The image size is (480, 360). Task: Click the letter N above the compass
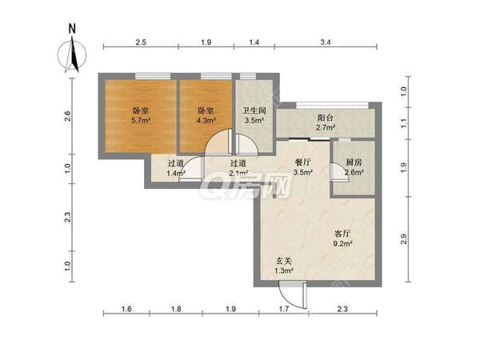tap(72, 29)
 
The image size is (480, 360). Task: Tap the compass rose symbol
tap(72, 55)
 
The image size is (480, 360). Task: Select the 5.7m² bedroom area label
tap(141, 120)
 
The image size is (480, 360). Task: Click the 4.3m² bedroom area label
tap(206, 120)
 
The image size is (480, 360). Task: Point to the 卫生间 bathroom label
tap(254, 110)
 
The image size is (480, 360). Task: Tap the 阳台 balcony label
tap(325, 118)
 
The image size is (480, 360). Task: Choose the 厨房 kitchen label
tap(354, 162)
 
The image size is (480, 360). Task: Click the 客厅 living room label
tap(342, 234)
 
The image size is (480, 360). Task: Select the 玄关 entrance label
tap(283, 261)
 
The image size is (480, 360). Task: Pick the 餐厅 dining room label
tap(302, 162)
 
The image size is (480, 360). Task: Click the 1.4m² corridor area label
tap(176, 174)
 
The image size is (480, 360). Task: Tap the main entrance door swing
tap(291, 296)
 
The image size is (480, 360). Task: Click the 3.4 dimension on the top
tap(326, 42)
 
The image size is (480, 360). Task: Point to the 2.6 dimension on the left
tap(68, 116)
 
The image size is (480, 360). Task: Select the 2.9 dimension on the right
tap(404, 239)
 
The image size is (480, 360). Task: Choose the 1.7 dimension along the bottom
tap(284, 309)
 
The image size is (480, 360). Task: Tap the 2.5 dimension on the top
tap(141, 42)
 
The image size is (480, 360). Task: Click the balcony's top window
tap(333, 106)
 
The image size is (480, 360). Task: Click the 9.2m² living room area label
tap(342, 244)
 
